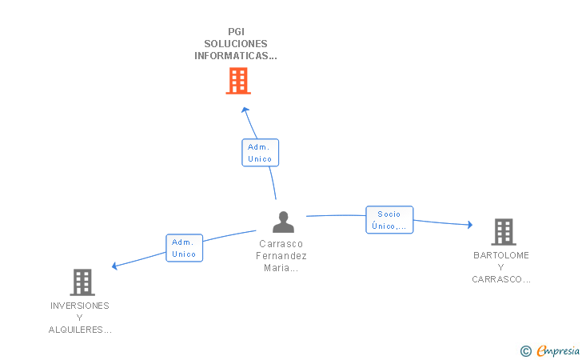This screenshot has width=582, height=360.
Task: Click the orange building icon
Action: (238, 81)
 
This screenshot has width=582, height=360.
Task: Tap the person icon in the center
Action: (283, 222)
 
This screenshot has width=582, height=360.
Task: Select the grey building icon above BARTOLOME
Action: (504, 232)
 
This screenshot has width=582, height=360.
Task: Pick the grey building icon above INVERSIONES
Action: (82, 282)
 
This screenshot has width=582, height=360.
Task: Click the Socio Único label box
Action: (389, 220)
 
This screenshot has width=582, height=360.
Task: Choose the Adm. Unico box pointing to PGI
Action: (260, 153)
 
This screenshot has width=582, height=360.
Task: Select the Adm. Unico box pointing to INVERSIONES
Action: (184, 248)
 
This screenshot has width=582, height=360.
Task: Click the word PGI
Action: (236, 31)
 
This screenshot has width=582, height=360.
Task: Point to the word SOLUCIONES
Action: (236, 44)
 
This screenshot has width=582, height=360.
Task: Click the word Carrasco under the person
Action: (281, 244)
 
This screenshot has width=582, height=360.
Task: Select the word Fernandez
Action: (281, 256)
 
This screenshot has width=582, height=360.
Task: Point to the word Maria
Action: (277, 267)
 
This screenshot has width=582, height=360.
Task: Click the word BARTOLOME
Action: (501, 255)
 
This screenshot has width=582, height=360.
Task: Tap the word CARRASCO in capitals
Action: (496, 279)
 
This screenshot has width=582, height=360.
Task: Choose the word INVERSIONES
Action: (80, 306)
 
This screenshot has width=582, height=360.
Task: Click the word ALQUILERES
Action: (76, 330)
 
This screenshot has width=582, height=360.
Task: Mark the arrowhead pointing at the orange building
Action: (245, 110)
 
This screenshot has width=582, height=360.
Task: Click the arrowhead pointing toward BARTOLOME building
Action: (470, 224)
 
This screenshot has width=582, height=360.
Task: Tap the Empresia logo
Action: (550, 350)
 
